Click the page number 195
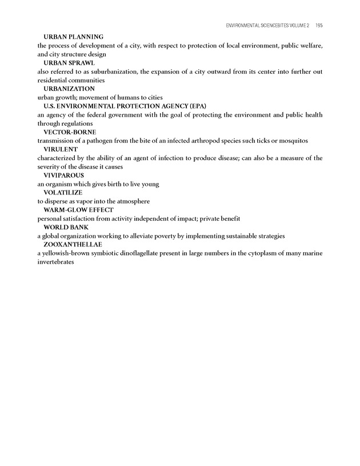[319, 26]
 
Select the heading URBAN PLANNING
[73, 37]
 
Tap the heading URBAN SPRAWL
[69, 63]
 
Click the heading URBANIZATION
[69, 89]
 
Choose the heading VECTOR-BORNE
[69, 132]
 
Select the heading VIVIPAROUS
[63, 176]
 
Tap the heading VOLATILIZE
[63, 193]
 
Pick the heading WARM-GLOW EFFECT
[78, 210]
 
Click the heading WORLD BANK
[66, 228]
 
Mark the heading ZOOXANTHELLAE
[73, 245]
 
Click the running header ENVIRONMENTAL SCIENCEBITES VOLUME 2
[268, 26]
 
